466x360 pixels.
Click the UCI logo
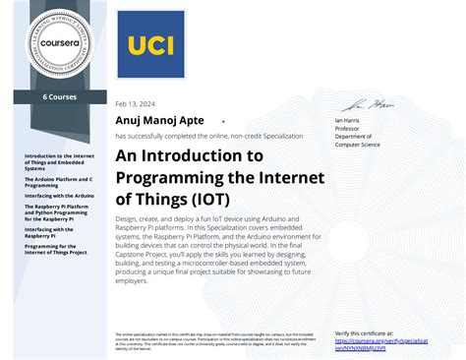coord(149,44)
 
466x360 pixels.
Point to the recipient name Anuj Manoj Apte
coord(159,120)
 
